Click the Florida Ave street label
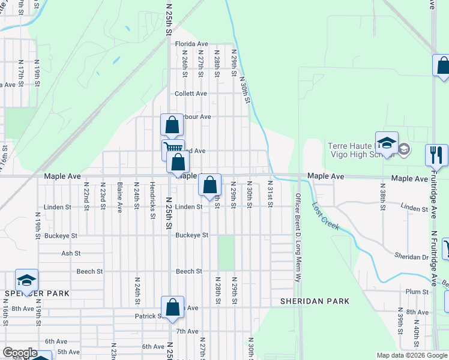coord(191,44)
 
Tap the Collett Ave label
coord(191,94)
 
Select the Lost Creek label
coord(325,217)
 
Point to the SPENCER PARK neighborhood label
coord(37,293)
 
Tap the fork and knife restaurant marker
coord(436,154)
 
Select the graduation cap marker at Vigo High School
coord(387,143)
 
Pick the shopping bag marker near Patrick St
coord(172,307)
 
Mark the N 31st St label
coord(270,194)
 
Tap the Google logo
coord(19,353)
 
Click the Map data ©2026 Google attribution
coord(411,355)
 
